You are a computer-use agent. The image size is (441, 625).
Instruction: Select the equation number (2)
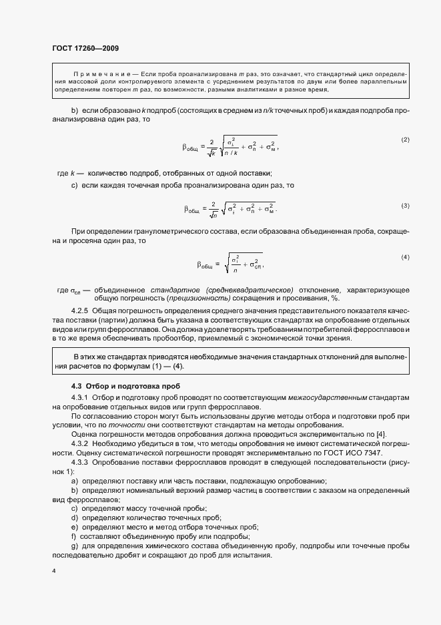click(404, 140)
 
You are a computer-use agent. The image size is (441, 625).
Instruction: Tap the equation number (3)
click(404, 205)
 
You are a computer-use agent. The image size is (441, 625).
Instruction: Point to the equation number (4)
click(404, 257)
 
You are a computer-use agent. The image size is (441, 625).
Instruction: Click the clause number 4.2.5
click(82, 311)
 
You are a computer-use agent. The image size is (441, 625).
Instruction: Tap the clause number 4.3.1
click(82, 398)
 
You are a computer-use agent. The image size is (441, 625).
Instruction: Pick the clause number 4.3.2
click(82, 441)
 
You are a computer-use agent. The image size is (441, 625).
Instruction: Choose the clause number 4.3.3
click(82, 461)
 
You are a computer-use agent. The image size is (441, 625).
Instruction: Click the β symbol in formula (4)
click(200, 264)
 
